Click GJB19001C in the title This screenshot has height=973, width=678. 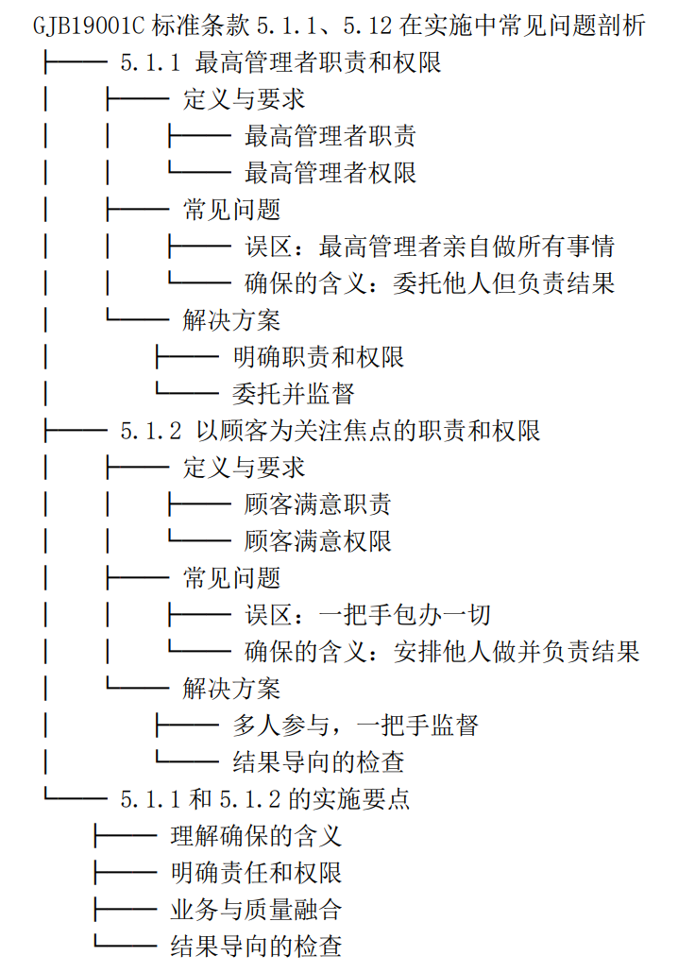point(89,26)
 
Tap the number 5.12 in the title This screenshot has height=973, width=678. point(367,26)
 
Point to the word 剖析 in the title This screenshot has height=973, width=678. point(621,26)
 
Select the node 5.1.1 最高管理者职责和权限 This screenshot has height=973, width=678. point(281,62)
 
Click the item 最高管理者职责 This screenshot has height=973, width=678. point(330,136)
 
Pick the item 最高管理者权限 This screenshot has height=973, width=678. point(330,173)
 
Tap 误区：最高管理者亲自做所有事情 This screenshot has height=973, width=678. point(430,247)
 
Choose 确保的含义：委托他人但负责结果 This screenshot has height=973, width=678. point(430,283)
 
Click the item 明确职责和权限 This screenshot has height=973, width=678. point(318,357)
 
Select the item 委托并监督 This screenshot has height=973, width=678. point(294,393)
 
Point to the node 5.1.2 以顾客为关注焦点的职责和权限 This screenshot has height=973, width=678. point(331,431)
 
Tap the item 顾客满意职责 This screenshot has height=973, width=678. point(317,504)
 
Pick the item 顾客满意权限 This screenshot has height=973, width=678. point(317,541)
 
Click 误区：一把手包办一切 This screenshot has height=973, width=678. point(368,615)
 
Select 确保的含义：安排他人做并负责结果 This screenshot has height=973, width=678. point(442,652)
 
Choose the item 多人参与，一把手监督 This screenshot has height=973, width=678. point(355,725)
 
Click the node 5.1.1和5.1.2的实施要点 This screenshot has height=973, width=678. point(264,799)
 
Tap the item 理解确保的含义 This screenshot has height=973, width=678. point(256,836)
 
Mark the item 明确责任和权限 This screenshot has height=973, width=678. point(256,873)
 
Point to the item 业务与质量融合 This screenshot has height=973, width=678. point(256,910)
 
